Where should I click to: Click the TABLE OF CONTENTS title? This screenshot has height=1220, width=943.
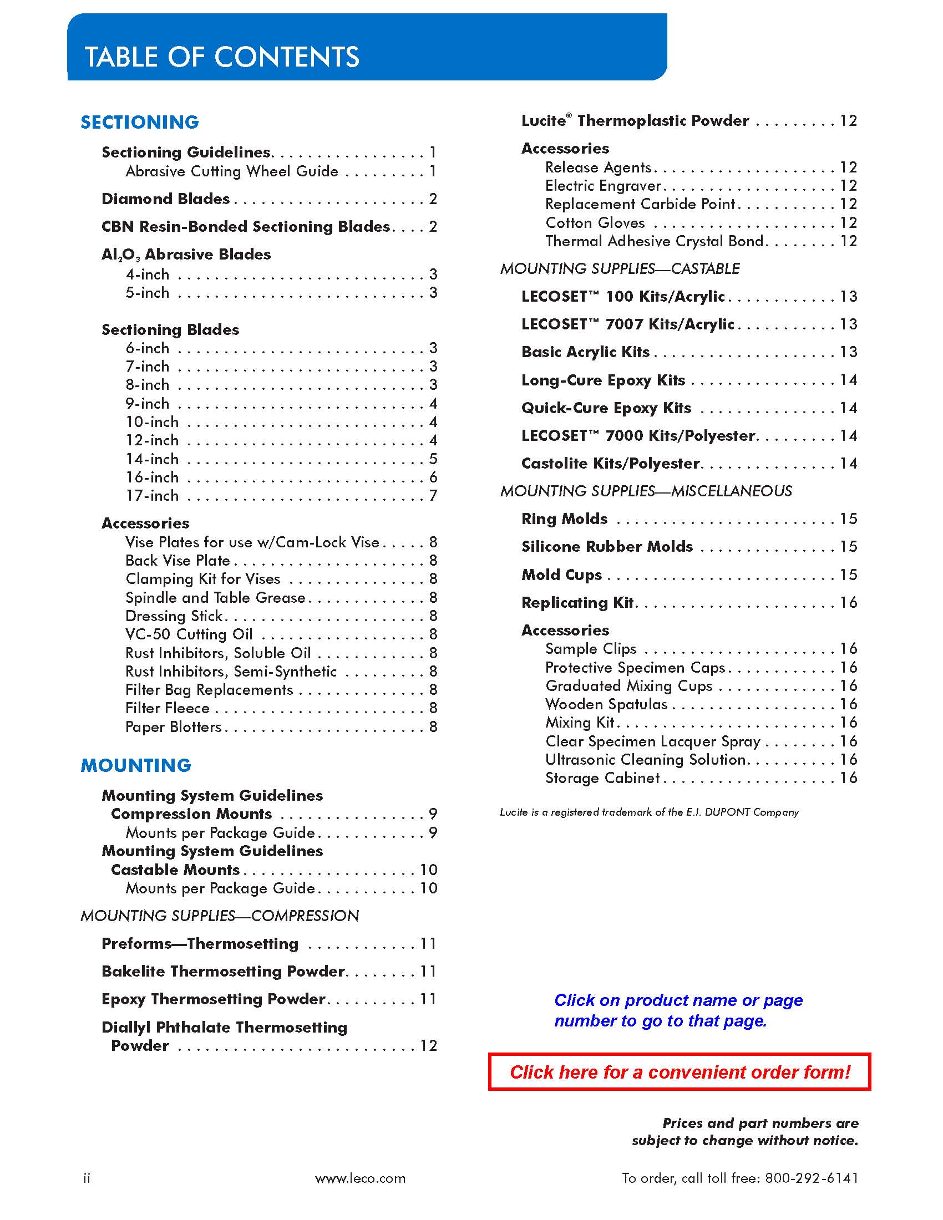pos(222,57)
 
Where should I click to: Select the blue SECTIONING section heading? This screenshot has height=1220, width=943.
pos(140,123)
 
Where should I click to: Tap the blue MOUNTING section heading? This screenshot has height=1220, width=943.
pos(136,765)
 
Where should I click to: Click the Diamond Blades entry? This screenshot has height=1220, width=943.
pos(165,199)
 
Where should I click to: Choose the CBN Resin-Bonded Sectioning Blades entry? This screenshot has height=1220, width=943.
pos(245,226)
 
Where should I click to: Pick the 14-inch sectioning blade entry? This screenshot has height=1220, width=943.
pos(152,459)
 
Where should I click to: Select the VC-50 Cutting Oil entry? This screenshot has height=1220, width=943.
pos(189,634)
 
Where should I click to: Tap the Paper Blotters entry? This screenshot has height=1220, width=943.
pos(173,727)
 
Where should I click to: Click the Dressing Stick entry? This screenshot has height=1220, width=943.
pos(174,616)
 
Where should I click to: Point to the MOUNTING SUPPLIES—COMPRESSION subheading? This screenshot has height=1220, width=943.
pos(220,916)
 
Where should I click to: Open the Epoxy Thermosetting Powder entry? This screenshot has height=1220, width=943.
pos(213,999)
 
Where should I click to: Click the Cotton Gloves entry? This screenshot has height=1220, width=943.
pos(595,223)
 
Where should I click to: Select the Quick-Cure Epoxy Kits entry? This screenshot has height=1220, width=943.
pos(606,408)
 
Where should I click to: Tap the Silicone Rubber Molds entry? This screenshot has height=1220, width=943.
pos(607,546)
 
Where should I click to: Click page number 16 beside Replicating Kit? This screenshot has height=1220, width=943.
pos(848,602)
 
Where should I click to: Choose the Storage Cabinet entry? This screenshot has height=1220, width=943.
pos(602,777)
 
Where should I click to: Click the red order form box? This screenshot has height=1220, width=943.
pos(680,1072)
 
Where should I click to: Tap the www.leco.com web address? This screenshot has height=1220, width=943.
pos(361,1178)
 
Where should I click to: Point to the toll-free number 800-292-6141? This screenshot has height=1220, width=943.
pos(811,1178)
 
